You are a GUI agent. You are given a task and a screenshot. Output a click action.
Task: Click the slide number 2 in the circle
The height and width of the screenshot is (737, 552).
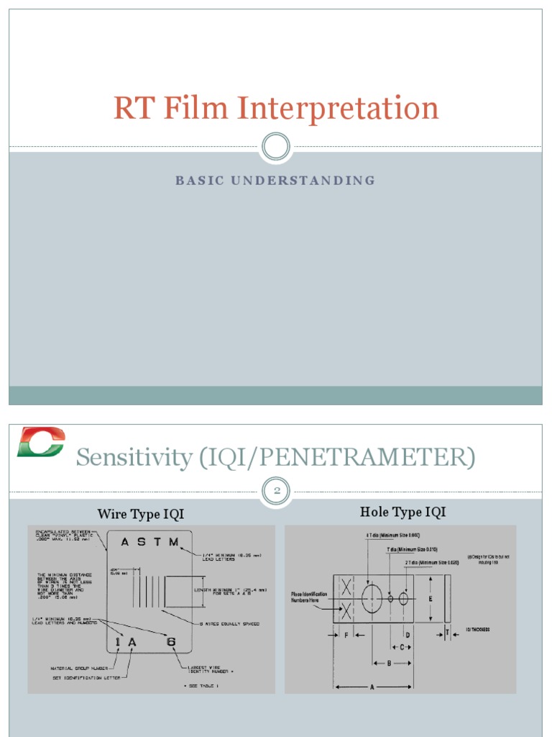275,490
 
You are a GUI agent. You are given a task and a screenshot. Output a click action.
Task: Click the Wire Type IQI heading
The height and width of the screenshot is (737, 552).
141,514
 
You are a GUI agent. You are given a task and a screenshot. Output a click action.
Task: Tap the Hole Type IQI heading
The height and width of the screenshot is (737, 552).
402,512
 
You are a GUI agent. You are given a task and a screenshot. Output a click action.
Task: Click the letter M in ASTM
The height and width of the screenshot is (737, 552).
173,543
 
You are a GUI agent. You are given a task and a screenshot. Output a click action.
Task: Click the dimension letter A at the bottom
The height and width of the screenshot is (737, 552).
372,687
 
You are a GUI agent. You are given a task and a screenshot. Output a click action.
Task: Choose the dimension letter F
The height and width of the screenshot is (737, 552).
346,636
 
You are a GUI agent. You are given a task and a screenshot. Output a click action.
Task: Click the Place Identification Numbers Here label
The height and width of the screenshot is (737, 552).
309,597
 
